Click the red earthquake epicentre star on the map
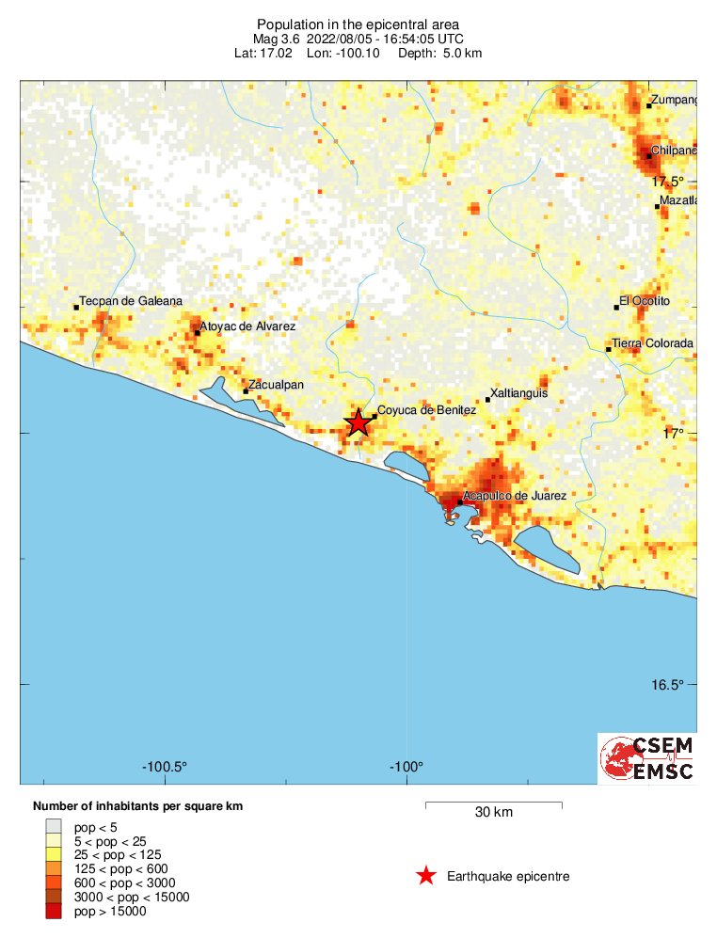coord(358,423)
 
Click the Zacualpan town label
coord(276,384)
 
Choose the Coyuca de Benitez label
coord(427,410)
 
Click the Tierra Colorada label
coord(652,343)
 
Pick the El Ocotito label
coord(645,301)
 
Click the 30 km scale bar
coord(494,803)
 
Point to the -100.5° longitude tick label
coord(166,766)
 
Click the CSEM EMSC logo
coord(647,758)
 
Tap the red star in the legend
coord(426,877)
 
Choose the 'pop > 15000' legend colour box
coord(52,911)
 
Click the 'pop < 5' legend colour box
coord(52,826)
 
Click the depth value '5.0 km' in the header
coord(462,54)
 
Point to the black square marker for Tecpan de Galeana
coord(76,308)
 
